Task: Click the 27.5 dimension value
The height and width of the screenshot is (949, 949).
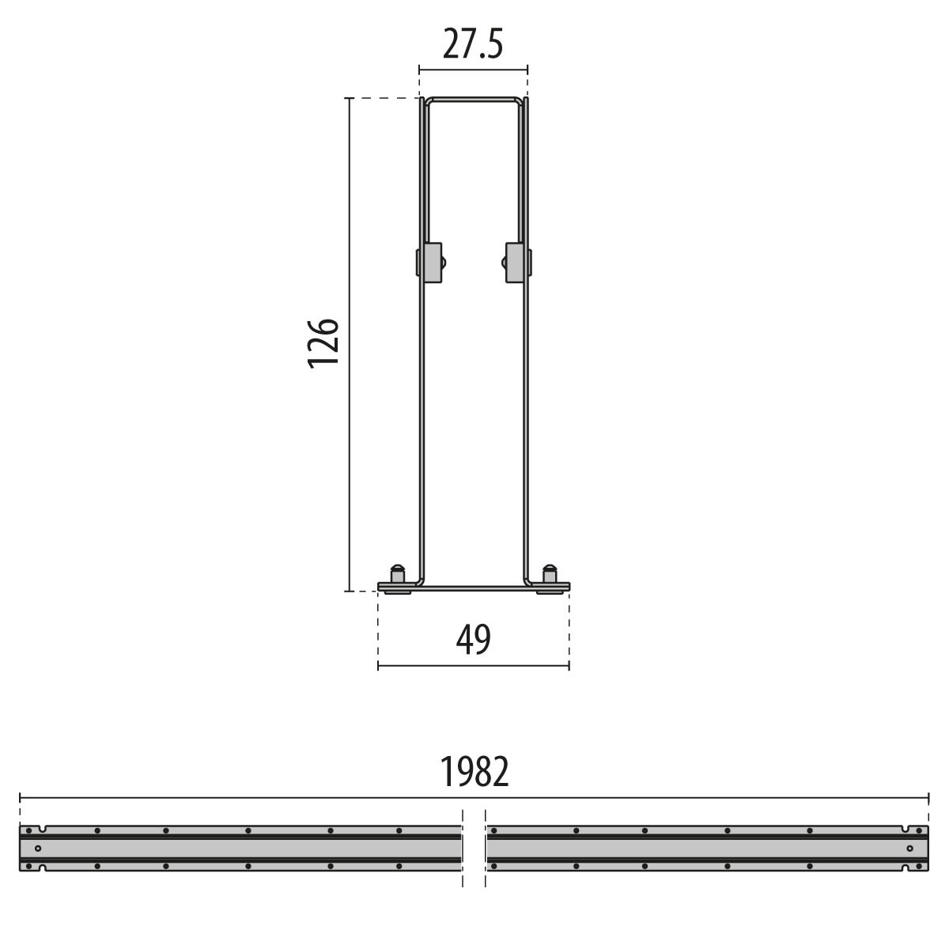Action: click(x=473, y=43)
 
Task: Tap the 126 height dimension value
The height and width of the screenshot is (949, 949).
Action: click(x=323, y=344)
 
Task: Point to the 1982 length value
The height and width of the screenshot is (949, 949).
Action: click(x=474, y=772)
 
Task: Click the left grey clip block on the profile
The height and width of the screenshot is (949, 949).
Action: click(x=432, y=263)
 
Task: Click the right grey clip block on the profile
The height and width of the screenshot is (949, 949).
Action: click(x=515, y=263)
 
